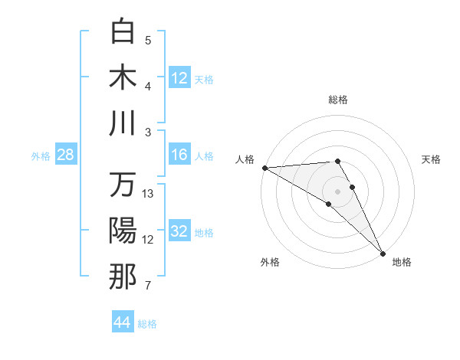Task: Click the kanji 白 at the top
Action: [123, 31]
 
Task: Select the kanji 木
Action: [123, 76]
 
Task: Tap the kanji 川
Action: [123, 123]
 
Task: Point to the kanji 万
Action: [123, 185]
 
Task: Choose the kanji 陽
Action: [123, 231]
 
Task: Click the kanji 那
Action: [123, 277]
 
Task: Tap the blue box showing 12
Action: [179, 77]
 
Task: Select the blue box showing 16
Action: [179, 155]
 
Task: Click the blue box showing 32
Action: [179, 231]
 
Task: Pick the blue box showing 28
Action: [66, 155]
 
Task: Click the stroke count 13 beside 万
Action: [149, 193]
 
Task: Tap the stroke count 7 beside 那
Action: [148, 286]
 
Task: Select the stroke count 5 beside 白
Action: [148, 40]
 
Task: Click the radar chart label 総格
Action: [338, 100]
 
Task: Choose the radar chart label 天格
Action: [432, 159]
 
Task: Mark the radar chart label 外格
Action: [270, 263]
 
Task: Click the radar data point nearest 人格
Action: [264, 167]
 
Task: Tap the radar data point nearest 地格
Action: [382, 252]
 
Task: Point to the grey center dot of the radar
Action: [337, 190]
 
